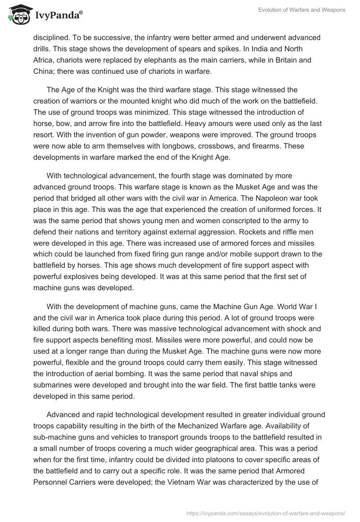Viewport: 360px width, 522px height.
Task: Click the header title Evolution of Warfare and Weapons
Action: pyautogui.click(x=301, y=10)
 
